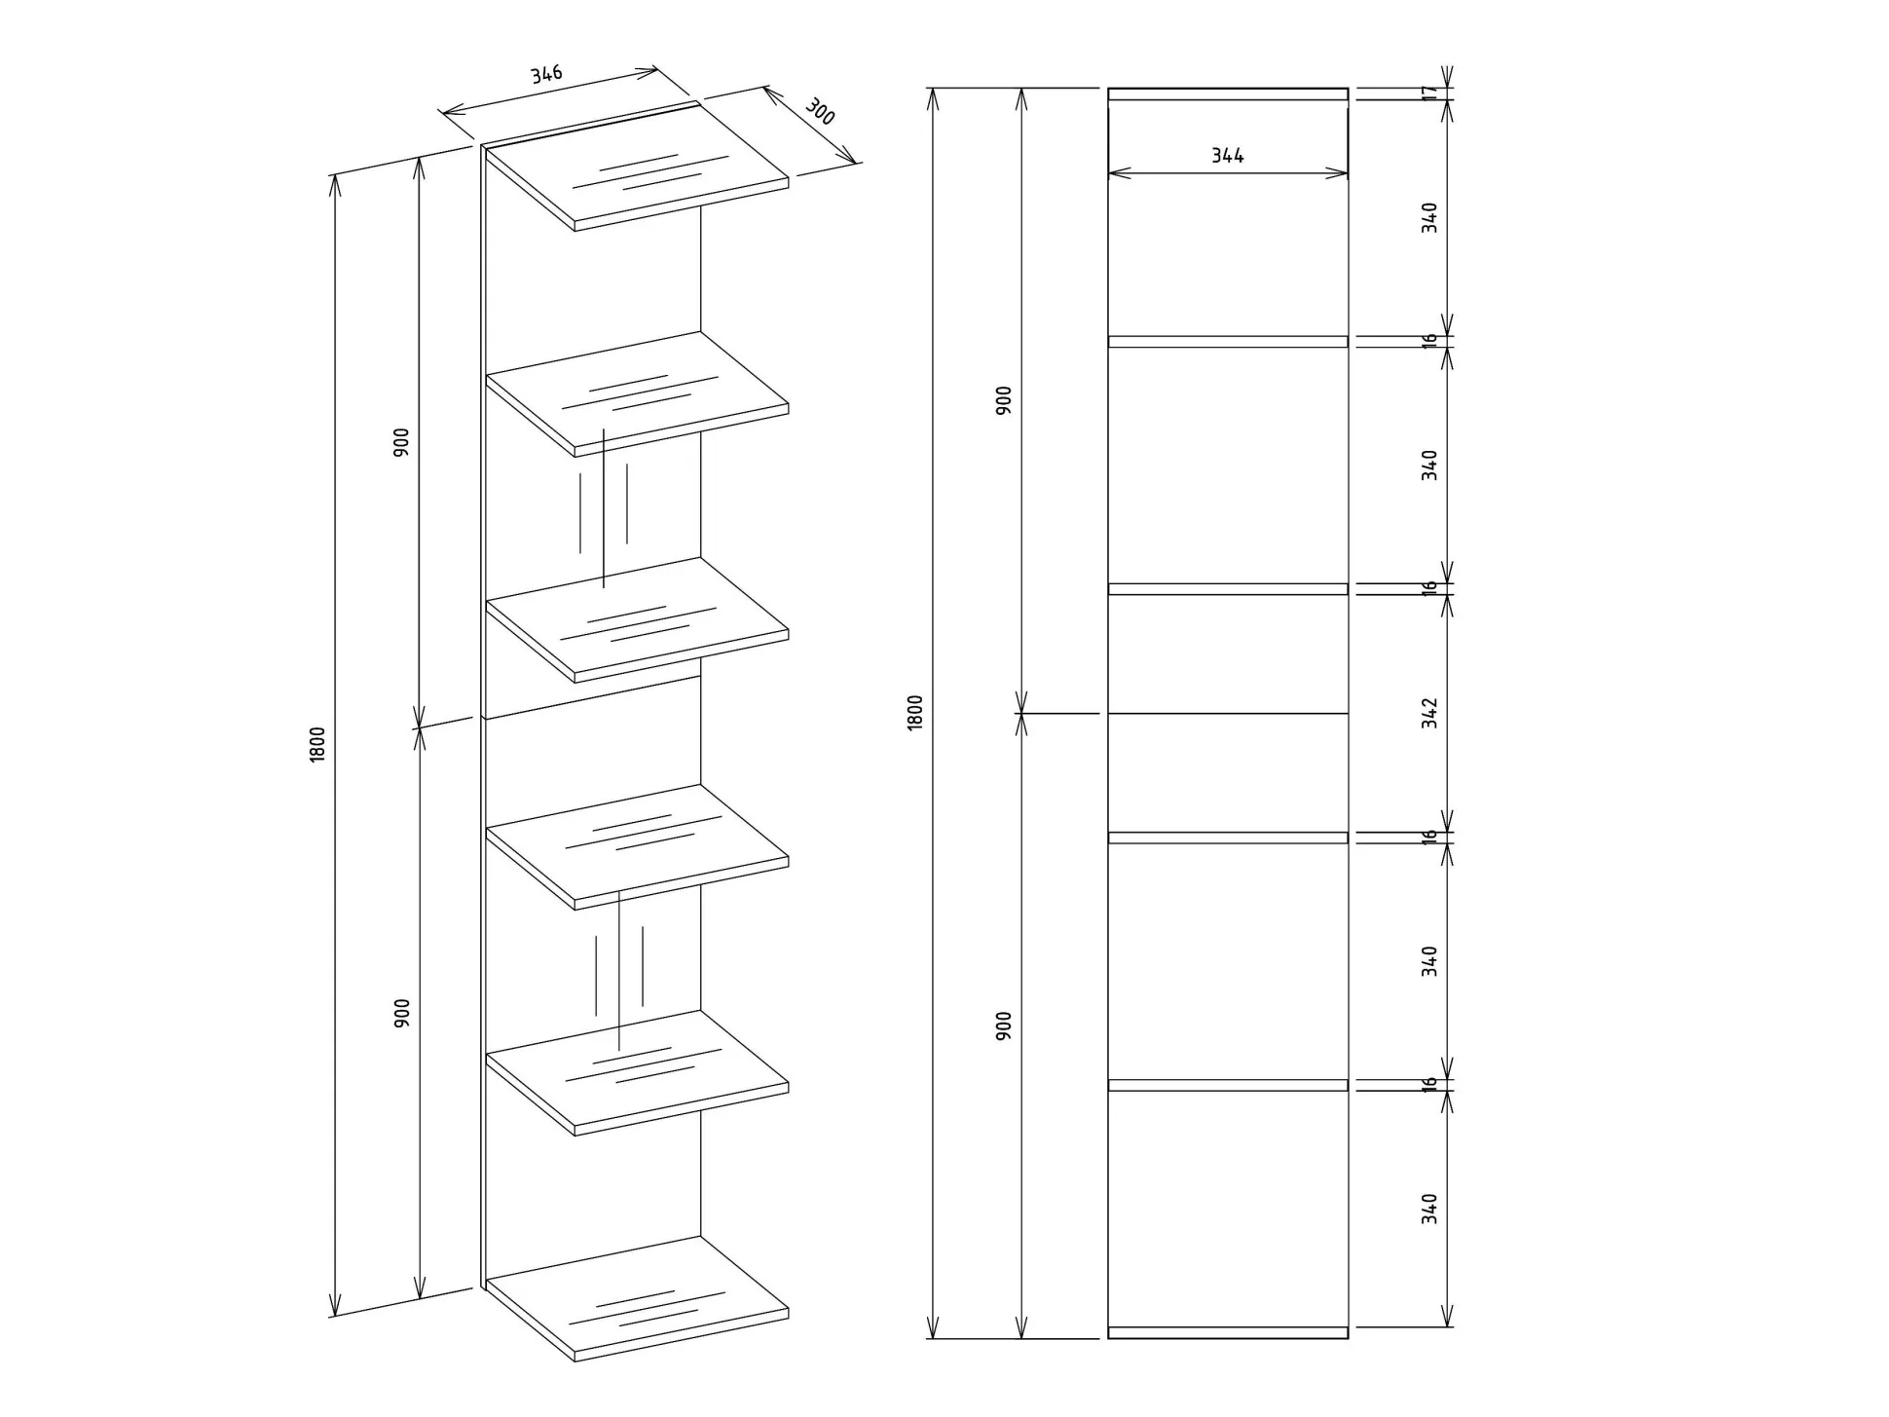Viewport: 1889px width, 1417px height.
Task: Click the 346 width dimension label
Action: coord(546,74)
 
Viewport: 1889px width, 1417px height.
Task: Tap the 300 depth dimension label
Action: coord(821,112)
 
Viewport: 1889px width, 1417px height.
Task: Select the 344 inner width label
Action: coord(1227,155)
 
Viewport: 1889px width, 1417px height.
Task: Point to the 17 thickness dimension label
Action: coord(1428,93)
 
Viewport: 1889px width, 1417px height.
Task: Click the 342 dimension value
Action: coord(1428,712)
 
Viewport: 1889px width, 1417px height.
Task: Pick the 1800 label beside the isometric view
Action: coord(317,744)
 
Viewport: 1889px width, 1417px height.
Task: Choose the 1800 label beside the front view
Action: coord(914,713)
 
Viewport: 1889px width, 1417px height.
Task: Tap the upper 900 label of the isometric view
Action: coord(401,442)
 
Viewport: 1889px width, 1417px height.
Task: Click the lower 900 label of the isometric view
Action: coord(401,1013)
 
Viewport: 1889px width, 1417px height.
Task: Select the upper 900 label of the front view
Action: coord(1003,400)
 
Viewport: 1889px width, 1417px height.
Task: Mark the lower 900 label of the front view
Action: coord(1003,1025)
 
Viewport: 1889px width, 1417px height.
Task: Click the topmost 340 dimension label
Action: coord(1428,216)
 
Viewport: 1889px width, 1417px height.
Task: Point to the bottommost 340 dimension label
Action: coord(1428,1209)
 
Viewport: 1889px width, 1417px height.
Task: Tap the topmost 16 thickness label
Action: coord(1428,341)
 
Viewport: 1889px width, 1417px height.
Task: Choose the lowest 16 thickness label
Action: coord(1428,1084)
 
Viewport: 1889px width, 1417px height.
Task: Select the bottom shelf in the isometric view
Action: coord(638,1298)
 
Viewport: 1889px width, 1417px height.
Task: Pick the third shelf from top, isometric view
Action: coord(638,619)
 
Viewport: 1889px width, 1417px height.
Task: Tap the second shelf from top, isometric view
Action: coord(638,393)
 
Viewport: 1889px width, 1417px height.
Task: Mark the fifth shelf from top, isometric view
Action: coord(638,1072)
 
